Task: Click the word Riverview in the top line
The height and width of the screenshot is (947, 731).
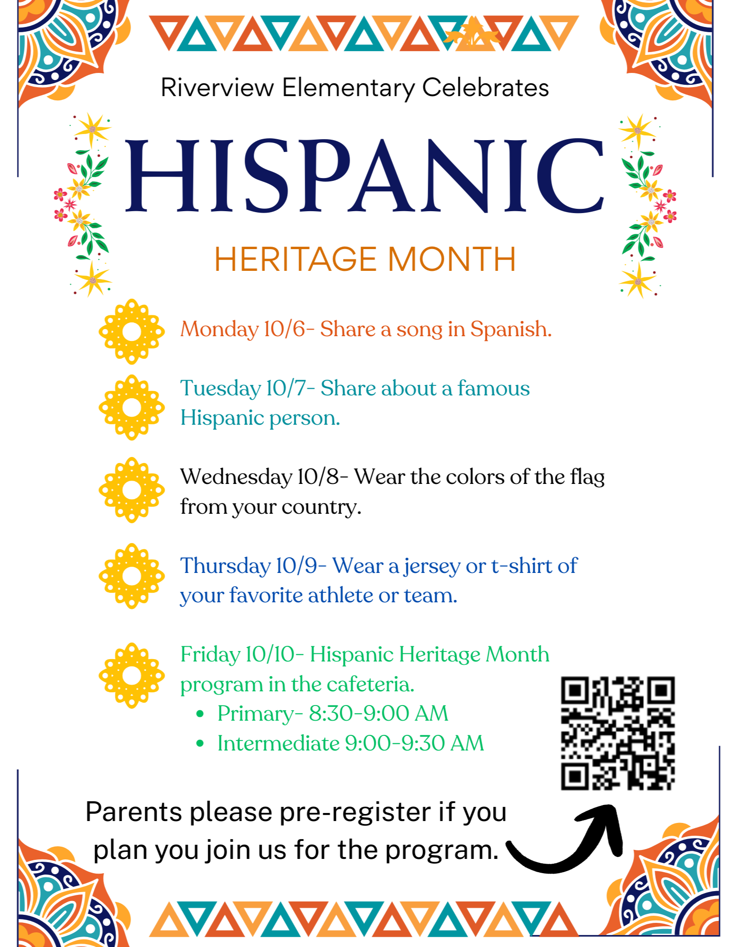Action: tap(217, 88)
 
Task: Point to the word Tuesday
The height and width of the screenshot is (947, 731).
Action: tap(220, 389)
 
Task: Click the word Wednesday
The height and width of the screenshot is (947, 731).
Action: tap(236, 477)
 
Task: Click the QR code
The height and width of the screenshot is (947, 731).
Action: tap(618, 733)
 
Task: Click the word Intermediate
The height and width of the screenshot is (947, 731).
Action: tap(278, 743)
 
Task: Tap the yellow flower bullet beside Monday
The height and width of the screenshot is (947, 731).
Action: tap(132, 331)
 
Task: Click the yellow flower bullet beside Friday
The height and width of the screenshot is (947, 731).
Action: tap(132, 675)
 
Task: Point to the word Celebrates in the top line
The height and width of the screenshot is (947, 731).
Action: tap(485, 88)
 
